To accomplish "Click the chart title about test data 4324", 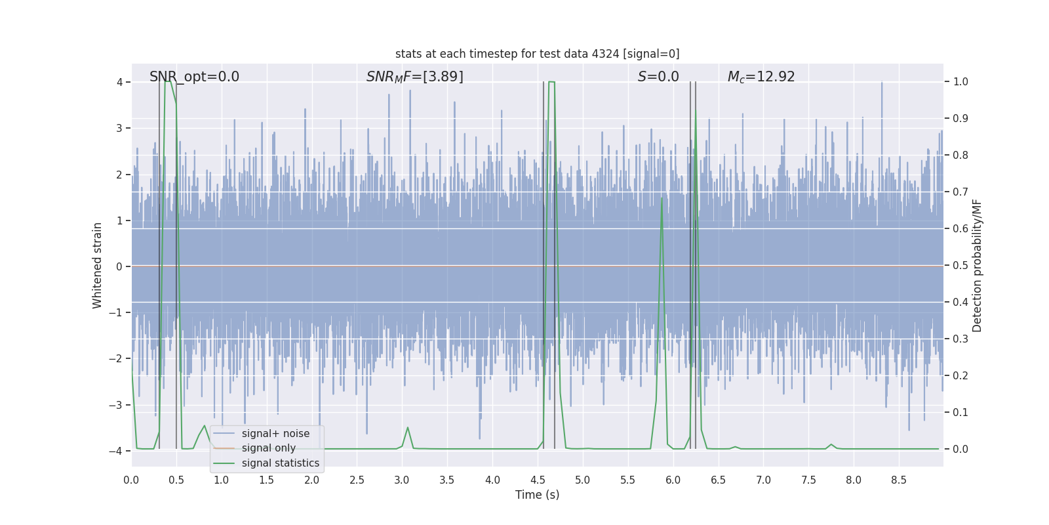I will (x=537, y=54).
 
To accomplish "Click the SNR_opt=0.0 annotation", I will (x=194, y=77).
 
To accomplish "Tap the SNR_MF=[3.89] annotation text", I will (x=414, y=77).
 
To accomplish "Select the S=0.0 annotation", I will (x=658, y=77).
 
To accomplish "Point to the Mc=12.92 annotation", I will (x=761, y=77).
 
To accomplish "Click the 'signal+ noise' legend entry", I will (x=275, y=434).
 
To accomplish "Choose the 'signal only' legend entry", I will (x=268, y=448).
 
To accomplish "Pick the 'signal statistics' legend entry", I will (x=280, y=463).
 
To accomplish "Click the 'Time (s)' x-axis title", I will (x=537, y=495).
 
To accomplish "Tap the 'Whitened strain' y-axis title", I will (x=98, y=266).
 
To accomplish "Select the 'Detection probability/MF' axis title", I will (x=977, y=266).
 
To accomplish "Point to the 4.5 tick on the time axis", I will (x=538, y=480).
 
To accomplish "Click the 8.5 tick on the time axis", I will (x=899, y=480).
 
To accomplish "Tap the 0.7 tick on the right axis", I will (x=960, y=192).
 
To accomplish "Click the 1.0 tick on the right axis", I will (x=960, y=82).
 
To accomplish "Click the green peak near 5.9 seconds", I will (x=662, y=198).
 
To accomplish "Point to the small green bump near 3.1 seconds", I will (x=408, y=428).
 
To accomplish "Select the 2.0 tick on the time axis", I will (x=311, y=480).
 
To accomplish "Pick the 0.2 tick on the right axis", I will (x=960, y=376).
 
